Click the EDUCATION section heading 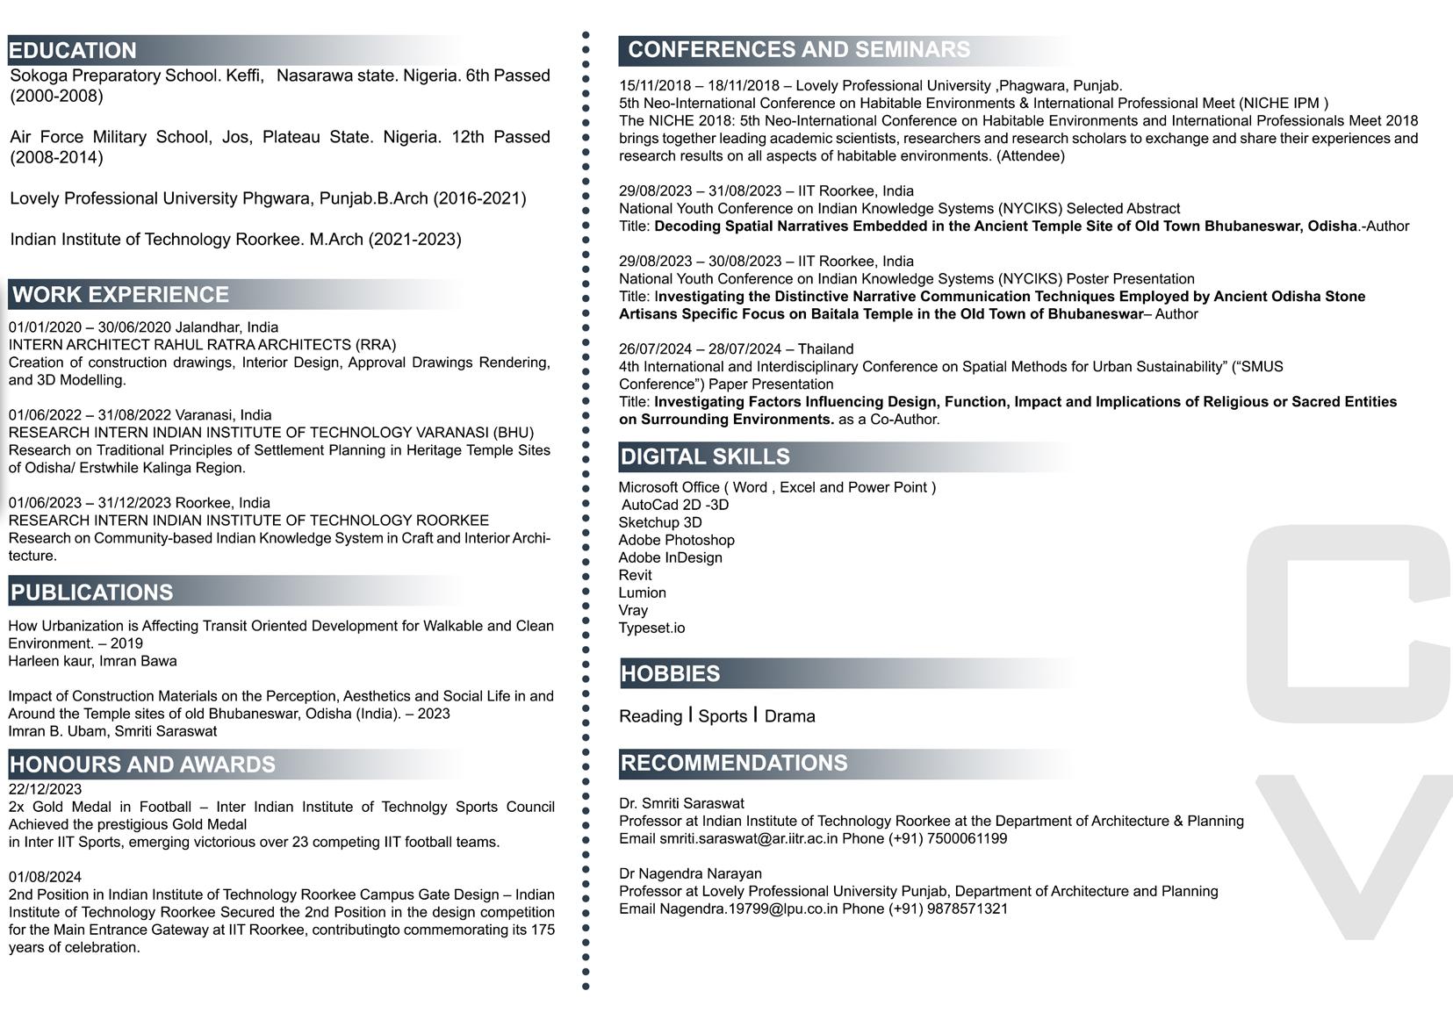coord(73,50)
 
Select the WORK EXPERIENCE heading coord(120,294)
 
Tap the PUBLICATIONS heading coord(92,592)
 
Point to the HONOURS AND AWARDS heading coord(142,764)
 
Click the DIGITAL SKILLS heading coord(705,456)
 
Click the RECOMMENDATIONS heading coord(734,763)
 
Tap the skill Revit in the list coord(635,575)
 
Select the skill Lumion coord(642,592)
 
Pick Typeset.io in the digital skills coord(651,628)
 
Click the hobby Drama coord(789,716)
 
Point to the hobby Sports coord(723,716)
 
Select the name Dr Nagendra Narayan coord(690,873)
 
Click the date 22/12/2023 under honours coord(45,789)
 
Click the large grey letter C coord(1348,619)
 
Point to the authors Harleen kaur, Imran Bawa coord(92,661)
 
